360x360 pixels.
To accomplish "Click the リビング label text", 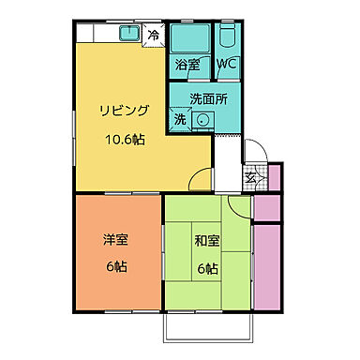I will tap(125, 111).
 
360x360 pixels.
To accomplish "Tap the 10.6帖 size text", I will tap(125, 138).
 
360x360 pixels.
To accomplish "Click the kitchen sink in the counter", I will tap(128, 35).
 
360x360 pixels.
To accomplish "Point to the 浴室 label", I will tap(187, 66).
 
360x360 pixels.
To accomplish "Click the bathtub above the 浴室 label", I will tap(191, 40).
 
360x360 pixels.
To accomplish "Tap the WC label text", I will tap(227, 66).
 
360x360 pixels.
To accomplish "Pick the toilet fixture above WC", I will tap(228, 39).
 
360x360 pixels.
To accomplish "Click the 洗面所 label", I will tap(207, 97).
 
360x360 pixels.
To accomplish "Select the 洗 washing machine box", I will tap(178, 119).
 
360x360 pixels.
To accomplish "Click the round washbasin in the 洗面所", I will tap(203, 119).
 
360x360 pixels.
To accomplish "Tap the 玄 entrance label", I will tap(250, 175).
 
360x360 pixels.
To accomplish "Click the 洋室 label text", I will tap(116, 239).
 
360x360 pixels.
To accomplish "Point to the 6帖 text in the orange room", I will tap(116, 267).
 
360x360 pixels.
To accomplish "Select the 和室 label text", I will tap(207, 239).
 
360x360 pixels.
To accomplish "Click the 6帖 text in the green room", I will tap(207, 267).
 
